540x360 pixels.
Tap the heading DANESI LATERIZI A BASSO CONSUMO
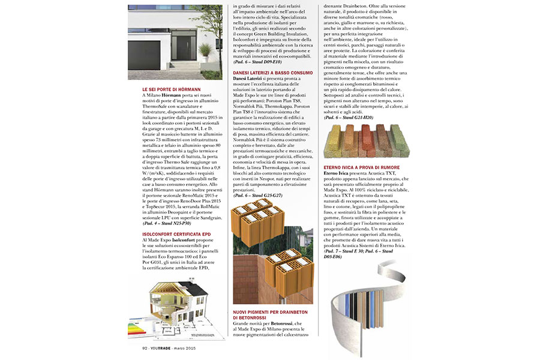point(272,73)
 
